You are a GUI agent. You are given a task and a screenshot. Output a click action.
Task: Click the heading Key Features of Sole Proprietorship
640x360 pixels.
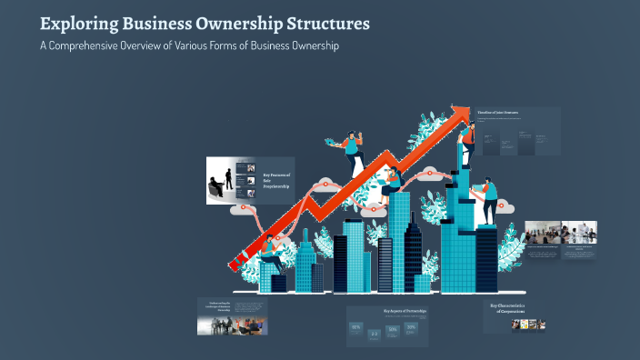click(x=277, y=180)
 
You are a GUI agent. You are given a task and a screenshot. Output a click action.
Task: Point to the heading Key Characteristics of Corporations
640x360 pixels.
click(x=513, y=308)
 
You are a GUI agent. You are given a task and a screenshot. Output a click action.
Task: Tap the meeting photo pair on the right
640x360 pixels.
click(x=560, y=232)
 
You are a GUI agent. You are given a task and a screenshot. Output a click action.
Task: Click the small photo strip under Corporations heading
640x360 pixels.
click(x=524, y=323)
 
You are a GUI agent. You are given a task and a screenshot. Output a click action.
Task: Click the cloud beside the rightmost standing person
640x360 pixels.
click(x=505, y=208)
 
